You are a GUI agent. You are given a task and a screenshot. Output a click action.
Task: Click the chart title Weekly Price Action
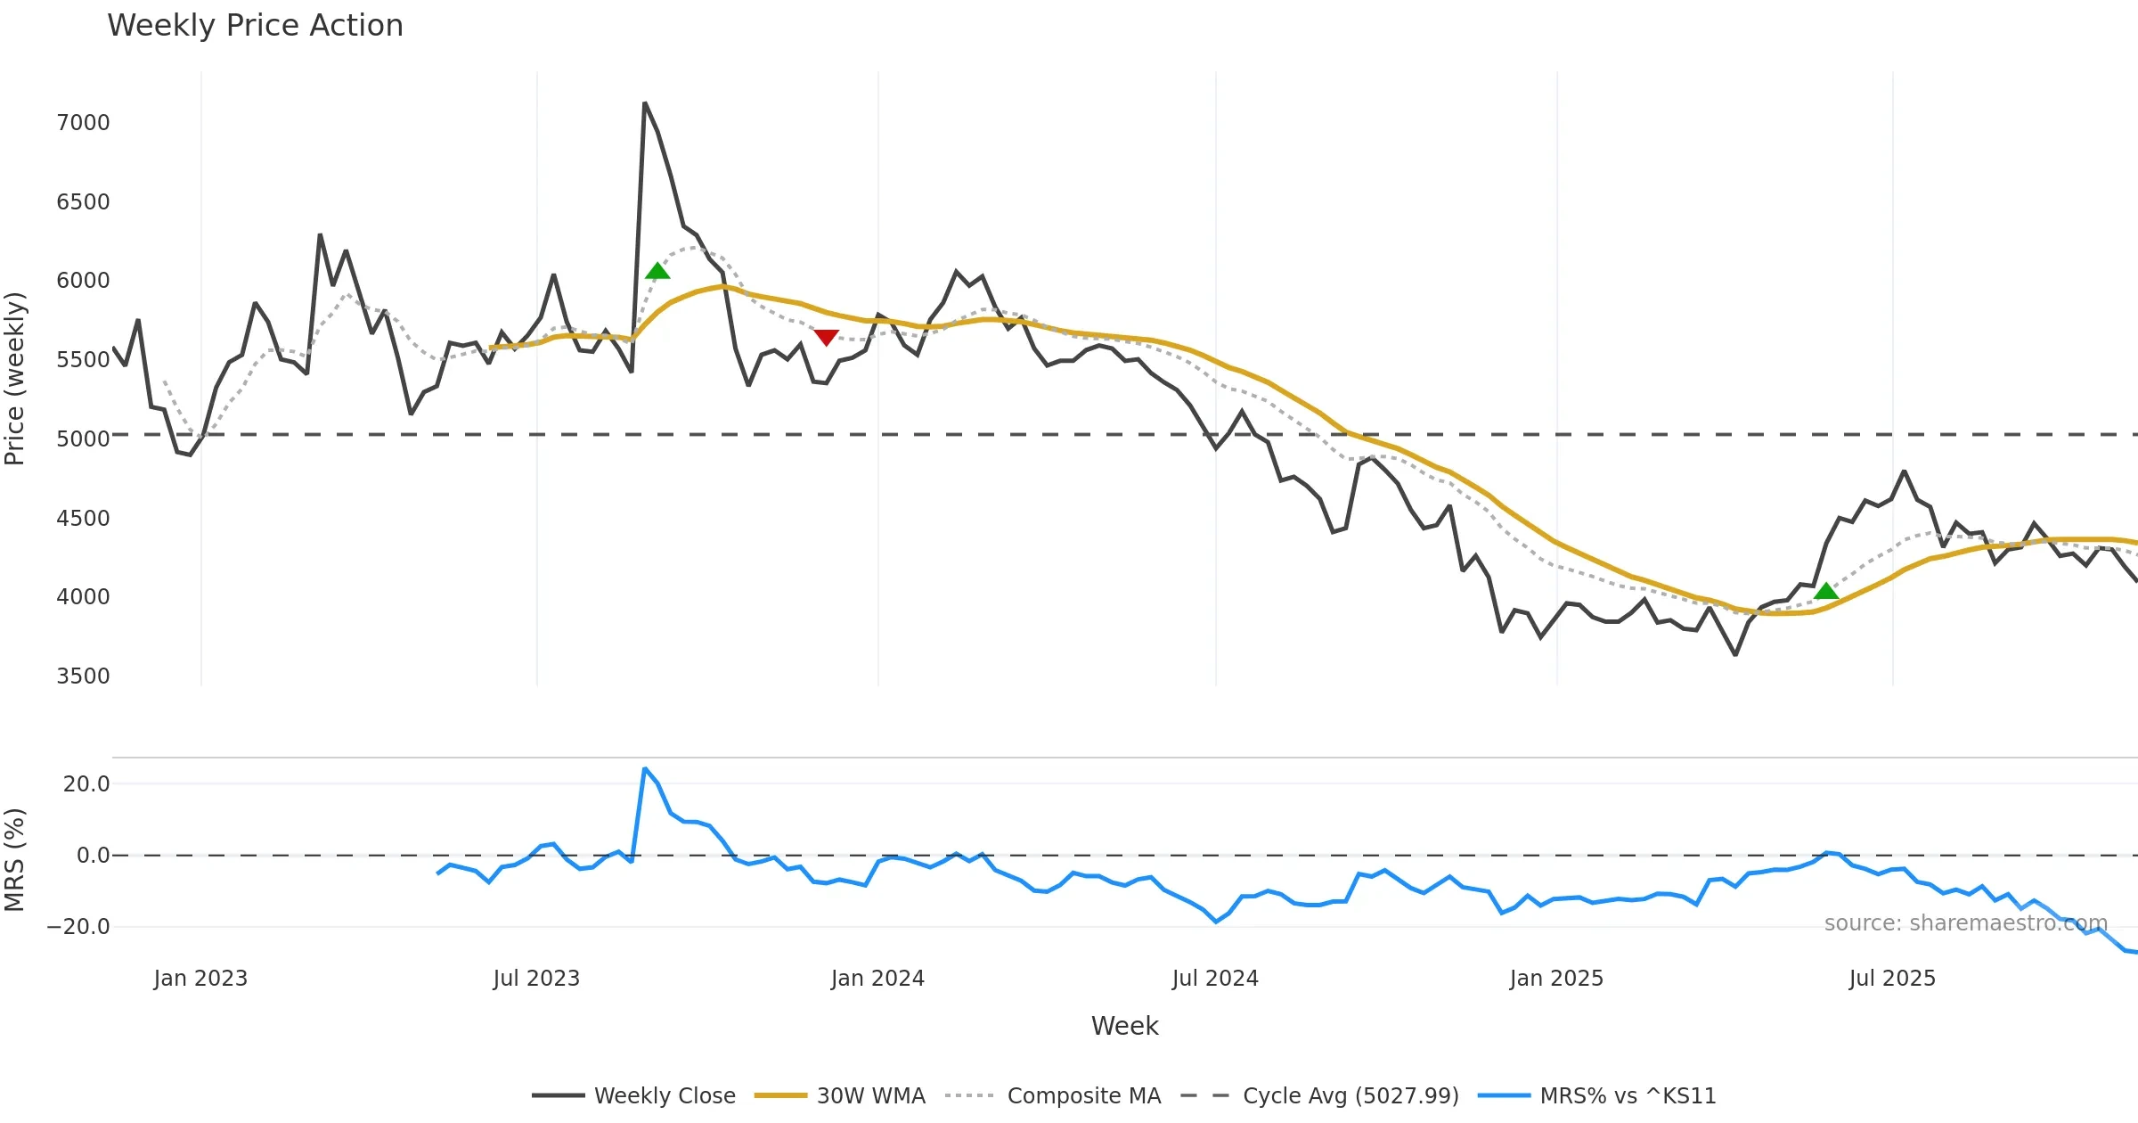click(255, 26)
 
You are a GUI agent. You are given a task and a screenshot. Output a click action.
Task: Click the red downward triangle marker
click(826, 338)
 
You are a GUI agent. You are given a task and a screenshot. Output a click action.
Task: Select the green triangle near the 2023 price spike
click(657, 271)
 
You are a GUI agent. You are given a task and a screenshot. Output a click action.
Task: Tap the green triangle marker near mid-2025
click(1826, 591)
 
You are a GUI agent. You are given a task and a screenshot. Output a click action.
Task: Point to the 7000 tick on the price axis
click(83, 123)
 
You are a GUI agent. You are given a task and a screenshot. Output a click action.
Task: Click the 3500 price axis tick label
click(83, 676)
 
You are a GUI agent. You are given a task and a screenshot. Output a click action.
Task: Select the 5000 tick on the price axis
click(83, 439)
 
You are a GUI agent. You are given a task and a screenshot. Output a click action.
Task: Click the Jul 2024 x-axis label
click(1215, 979)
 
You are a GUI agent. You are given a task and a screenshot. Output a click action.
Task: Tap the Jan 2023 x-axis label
click(200, 979)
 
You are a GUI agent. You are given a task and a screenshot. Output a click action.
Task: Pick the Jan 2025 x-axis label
click(1556, 979)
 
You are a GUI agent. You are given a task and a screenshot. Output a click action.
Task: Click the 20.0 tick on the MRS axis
click(86, 784)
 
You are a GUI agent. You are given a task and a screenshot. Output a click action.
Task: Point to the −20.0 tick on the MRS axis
click(78, 927)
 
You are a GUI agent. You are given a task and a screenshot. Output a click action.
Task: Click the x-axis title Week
click(1124, 1027)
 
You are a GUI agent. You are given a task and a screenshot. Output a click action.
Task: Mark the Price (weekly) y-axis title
click(15, 379)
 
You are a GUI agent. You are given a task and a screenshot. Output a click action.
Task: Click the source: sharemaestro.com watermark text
click(1965, 923)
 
